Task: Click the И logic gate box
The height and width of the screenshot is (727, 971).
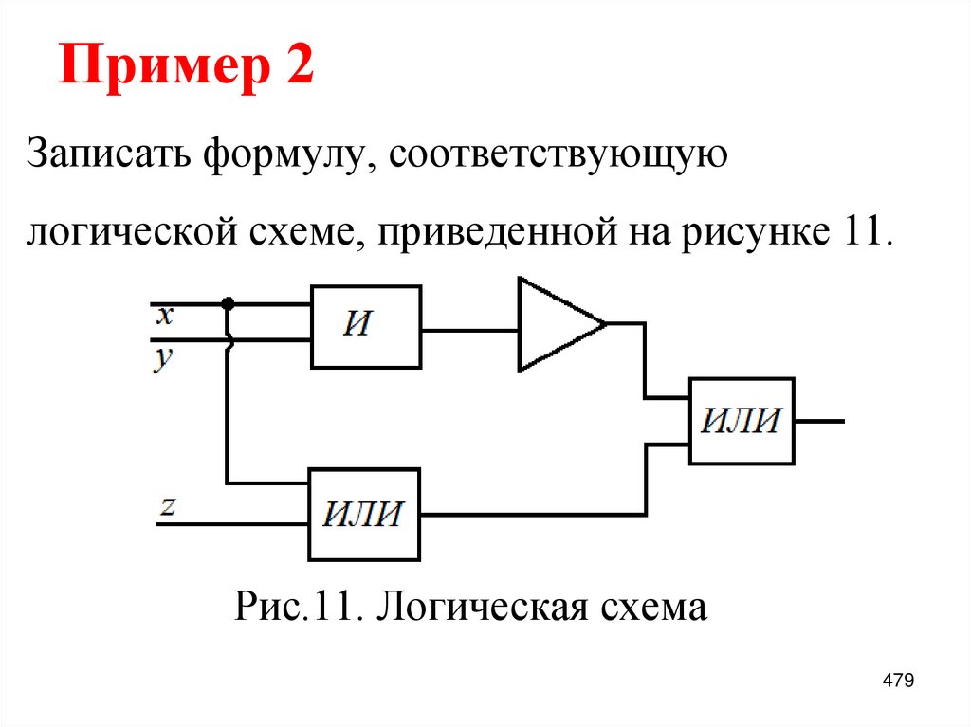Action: [x=365, y=326]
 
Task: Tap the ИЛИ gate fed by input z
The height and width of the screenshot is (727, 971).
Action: [x=363, y=515]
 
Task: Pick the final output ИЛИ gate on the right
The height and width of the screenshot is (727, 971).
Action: [x=742, y=421]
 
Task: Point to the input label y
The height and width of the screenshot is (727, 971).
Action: [x=164, y=359]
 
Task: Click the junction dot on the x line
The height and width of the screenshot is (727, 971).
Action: [x=227, y=303]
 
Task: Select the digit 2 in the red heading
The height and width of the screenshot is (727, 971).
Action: [x=296, y=70]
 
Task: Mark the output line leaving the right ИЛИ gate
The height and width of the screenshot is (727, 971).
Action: [x=820, y=421]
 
